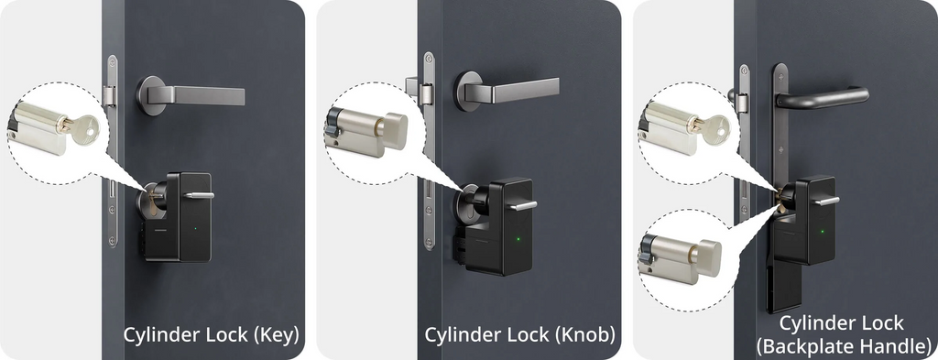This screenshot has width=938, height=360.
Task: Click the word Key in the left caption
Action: (x=277, y=335)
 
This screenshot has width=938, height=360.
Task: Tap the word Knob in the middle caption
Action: (x=584, y=335)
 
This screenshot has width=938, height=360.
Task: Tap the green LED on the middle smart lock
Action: (x=518, y=240)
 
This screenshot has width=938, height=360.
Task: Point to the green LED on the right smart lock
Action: (x=822, y=232)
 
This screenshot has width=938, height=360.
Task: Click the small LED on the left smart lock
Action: (x=195, y=228)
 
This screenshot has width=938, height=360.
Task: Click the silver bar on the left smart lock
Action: (x=199, y=195)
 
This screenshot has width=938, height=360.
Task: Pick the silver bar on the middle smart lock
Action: (x=523, y=206)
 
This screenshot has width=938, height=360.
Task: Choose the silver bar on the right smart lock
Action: (x=827, y=201)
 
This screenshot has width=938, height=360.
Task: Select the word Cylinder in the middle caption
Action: (x=462, y=335)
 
